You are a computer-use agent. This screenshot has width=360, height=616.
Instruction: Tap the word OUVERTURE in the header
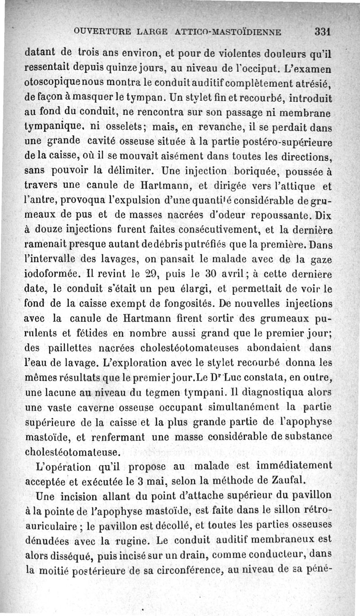tap(98, 32)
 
